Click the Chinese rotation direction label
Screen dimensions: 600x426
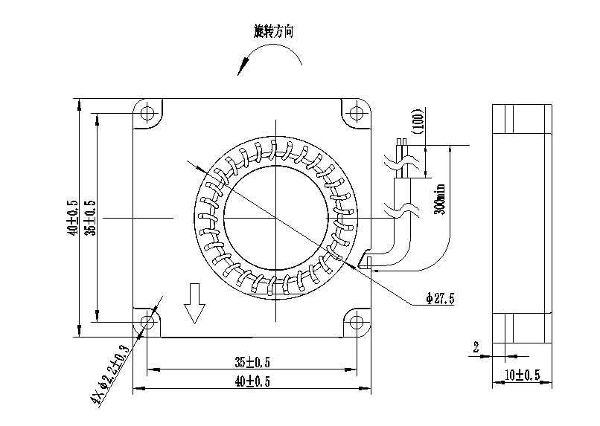pos(274,31)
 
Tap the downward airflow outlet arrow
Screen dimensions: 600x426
pos(194,303)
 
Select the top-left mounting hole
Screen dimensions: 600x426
pos(147,114)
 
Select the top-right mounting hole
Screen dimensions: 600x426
pos(357,113)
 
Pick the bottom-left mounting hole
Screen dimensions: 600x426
pos(147,322)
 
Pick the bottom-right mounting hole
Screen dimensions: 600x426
pos(357,322)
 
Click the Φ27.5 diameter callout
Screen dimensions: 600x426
pos(441,298)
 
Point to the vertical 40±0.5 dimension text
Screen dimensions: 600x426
pos(73,218)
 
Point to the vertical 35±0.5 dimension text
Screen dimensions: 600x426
pos(91,218)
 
